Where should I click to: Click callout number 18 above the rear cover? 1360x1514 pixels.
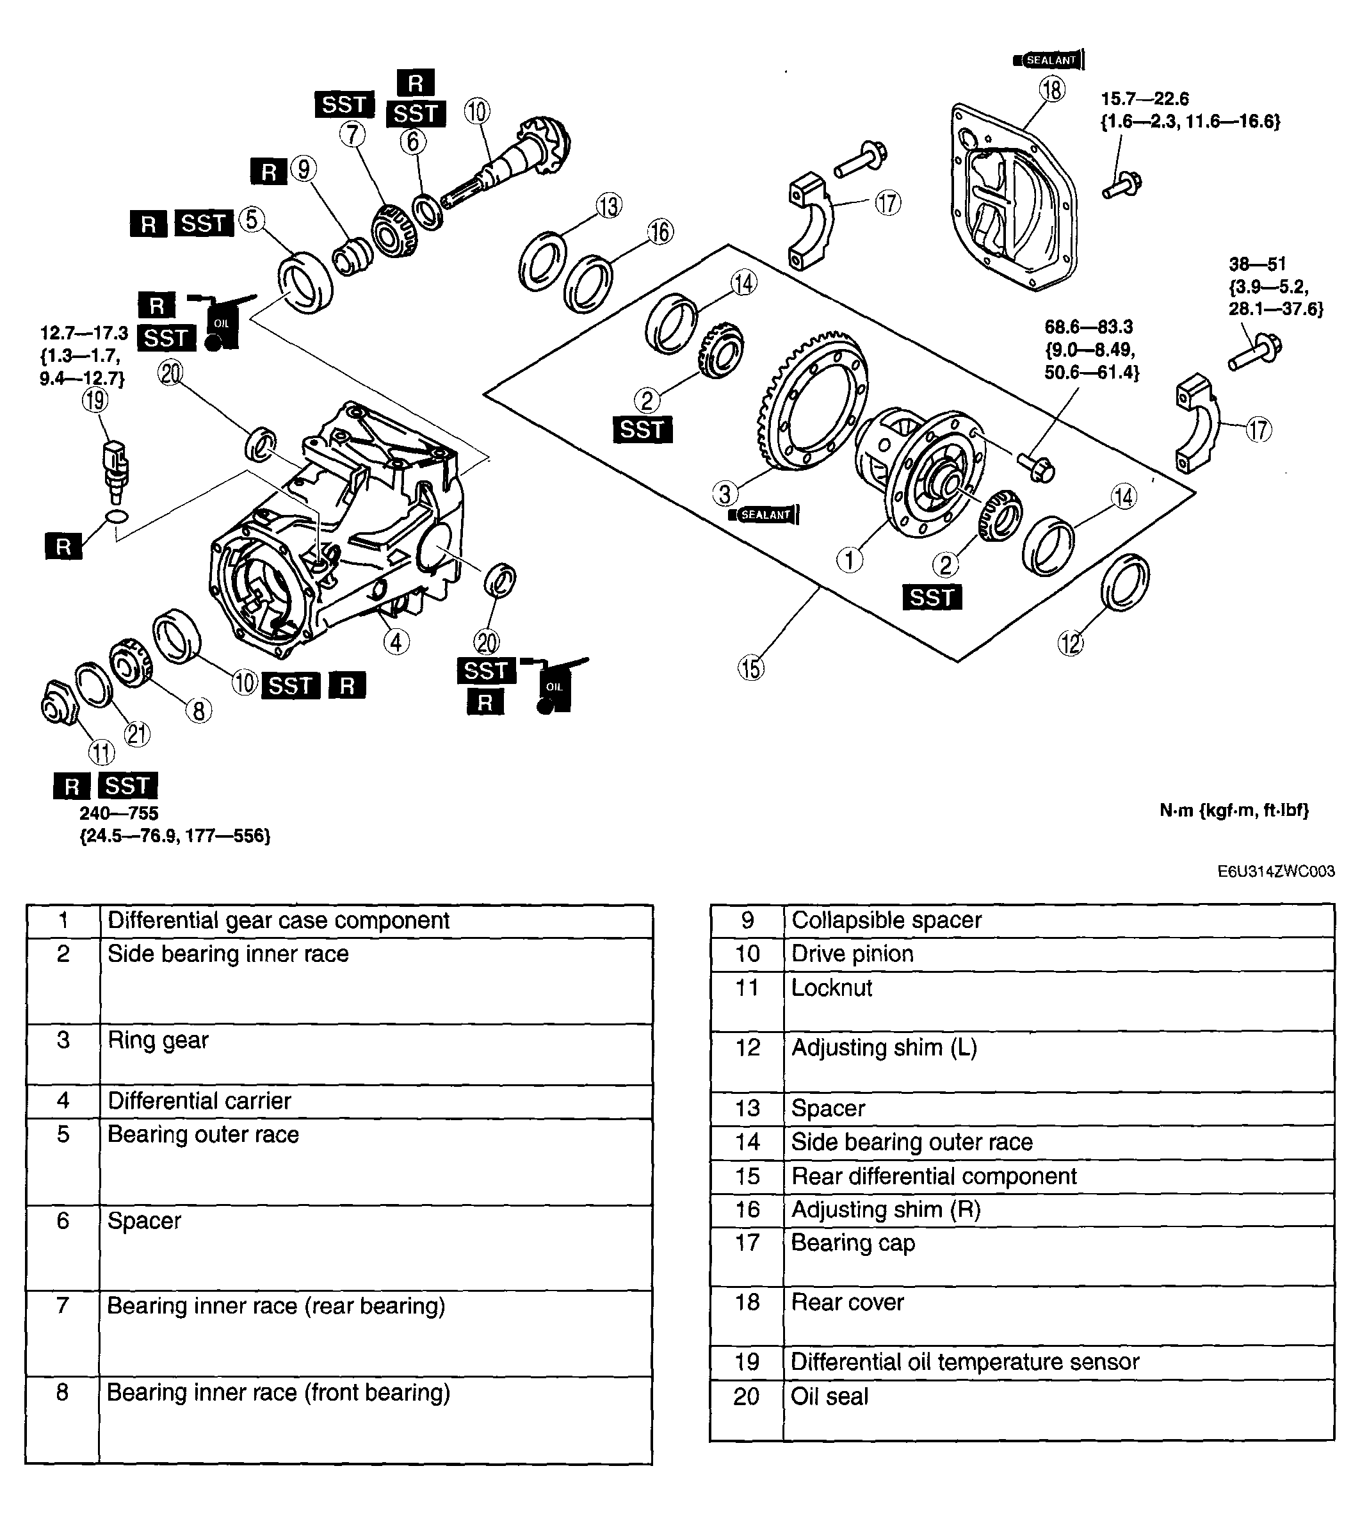[1051, 90]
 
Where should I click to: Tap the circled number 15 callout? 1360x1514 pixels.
[751, 667]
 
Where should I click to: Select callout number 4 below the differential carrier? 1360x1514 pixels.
[396, 641]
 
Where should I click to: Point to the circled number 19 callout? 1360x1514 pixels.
[95, 400]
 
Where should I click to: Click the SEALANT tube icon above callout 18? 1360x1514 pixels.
[1048, 60]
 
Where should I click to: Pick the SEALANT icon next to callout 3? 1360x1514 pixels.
[764, 515]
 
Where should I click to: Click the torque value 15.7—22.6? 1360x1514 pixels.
[1144, 99]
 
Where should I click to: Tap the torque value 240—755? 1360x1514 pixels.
[119, 813]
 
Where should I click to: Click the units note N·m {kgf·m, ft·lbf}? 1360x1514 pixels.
[1234, 810]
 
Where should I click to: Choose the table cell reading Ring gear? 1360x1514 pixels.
[158, 1040]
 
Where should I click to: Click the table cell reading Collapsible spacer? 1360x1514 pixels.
[886, 920]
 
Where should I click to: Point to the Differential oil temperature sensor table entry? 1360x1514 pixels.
[965, 1362]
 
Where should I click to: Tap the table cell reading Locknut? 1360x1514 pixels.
[832, 988]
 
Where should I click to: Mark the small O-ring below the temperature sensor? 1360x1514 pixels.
[117, 516]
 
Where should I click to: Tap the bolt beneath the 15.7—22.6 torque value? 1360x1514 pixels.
[1122, 184]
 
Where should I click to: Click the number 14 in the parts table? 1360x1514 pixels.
[747, 1142]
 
